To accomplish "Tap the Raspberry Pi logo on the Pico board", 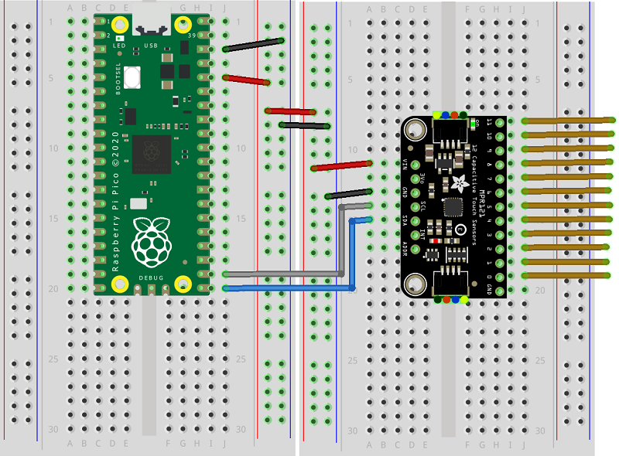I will coord(152,240).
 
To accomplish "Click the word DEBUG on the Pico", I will coord(152,276).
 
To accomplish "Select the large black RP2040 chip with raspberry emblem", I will coord(152,155).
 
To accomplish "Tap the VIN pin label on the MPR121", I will coord(407,162).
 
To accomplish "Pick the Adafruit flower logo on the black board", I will coord(460,183).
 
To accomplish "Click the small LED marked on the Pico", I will coord(120,37).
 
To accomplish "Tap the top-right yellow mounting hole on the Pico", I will coord(183,23).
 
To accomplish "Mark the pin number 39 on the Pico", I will coord(191,36).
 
